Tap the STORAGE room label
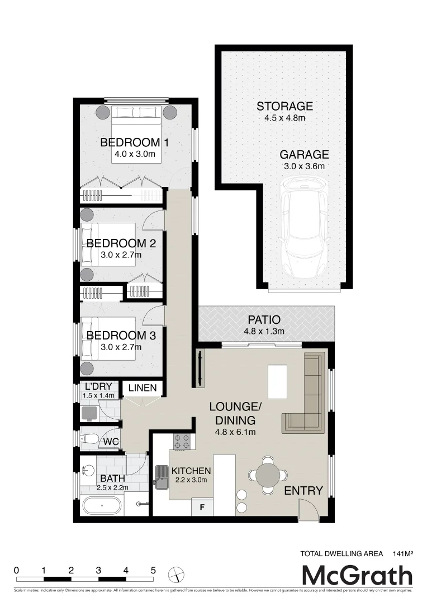284,106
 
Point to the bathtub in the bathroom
102,506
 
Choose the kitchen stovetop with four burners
182,442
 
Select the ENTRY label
303,491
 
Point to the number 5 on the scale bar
153,570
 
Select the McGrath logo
357,575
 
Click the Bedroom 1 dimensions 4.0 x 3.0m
134,154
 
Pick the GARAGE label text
304,155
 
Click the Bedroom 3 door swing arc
153,317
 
